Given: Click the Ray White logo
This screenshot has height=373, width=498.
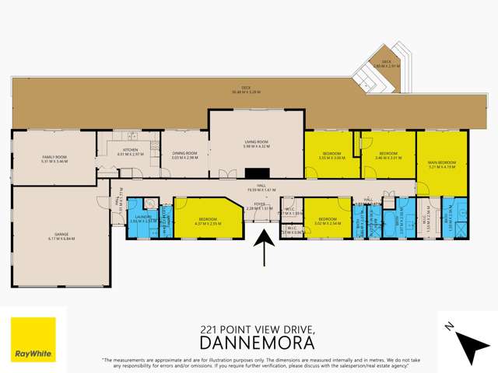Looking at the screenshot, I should click(x=33, y=340).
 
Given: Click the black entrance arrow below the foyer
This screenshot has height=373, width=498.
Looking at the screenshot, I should click(x=265, y=251).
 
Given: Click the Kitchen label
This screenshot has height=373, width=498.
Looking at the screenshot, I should click(x=126, y=152).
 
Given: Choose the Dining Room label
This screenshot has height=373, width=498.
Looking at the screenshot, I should click(x=185, y=155).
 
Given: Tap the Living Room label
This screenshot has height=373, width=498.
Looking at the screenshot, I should click(x=256, y=144).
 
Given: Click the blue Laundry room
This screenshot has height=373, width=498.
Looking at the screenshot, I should click(x=142, y=218).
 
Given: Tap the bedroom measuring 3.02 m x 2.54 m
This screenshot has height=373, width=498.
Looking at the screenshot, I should click(x=326, y=221).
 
